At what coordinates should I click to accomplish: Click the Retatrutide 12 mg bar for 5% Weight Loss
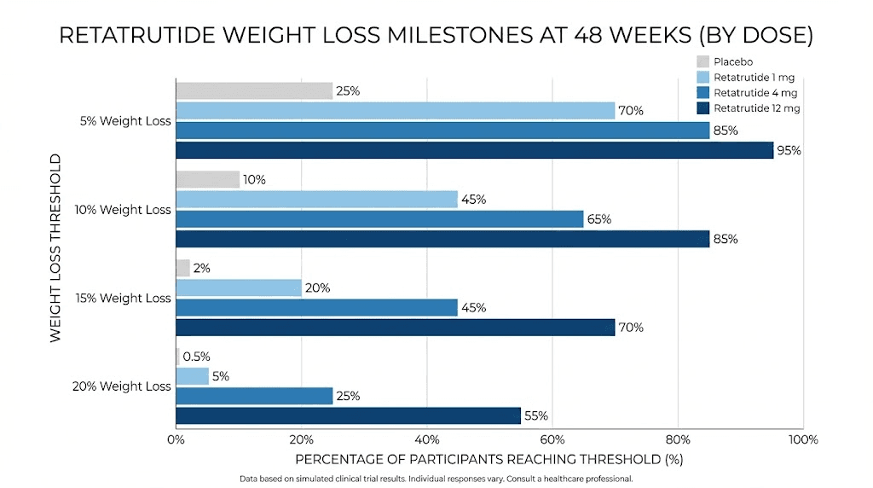[474, 150]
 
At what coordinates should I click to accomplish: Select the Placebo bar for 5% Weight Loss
[254, 90]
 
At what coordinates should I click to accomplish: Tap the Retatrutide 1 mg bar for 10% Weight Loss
[316, 199]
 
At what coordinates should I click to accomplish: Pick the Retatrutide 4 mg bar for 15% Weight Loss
[316, 307]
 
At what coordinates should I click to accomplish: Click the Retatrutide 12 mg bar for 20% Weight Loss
[348, 415]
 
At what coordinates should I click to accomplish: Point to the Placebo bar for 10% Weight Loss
[207, 179]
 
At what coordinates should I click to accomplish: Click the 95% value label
[790, 151]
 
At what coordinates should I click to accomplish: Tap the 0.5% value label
[196, 357]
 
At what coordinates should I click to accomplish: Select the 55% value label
[536, 416]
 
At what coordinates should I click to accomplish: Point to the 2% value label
[202, 268]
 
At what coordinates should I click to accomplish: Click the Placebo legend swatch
[702, 61]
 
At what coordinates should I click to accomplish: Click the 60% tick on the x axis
[552, 440]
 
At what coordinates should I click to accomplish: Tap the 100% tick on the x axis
[803, 440]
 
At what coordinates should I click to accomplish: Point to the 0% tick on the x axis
[176, 440]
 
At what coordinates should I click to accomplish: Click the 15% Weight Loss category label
[123, 298]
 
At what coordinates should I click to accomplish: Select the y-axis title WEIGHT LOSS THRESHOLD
[56, 248]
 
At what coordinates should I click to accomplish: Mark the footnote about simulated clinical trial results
[436, 479]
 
